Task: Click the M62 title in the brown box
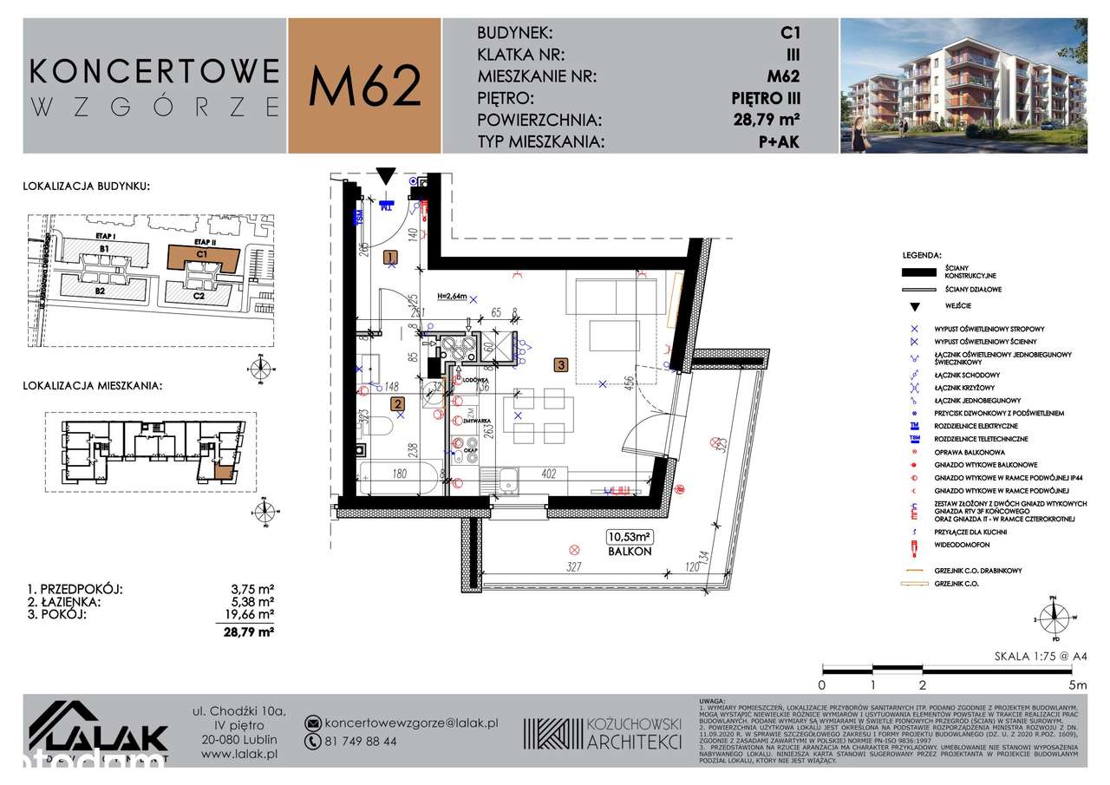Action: [364, 85]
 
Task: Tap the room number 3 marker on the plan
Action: [562, 366]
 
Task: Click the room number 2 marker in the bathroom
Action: [396, 403]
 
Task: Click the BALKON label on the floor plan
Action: [629, 551]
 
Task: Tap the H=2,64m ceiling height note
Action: [453, 296]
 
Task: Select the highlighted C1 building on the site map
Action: [202, 257]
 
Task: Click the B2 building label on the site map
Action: [101, 291]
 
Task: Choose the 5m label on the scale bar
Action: [1077, 684]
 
